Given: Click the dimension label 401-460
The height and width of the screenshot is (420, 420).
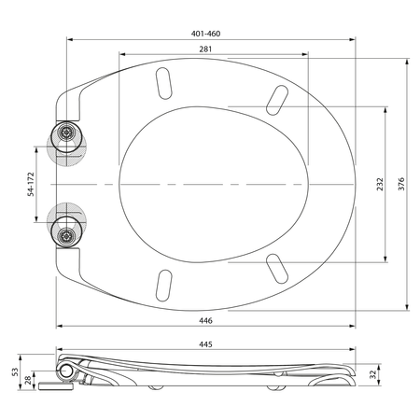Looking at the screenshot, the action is [205, 34].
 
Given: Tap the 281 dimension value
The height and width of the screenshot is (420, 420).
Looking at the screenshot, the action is [205, 49].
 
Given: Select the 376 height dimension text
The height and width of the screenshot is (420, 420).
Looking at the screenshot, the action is [401, 184].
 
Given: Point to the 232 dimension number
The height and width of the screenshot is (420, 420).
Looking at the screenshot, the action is [380, 184].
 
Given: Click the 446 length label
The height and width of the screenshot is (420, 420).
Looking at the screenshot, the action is [205, 320].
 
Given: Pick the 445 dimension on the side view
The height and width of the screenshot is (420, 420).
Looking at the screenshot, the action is [205, 344].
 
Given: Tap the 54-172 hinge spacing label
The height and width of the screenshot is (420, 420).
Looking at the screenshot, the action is [31, 184].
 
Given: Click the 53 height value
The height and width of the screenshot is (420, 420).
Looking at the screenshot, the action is [15, 372].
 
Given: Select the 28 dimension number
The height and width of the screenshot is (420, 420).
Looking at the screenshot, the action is [28, 380].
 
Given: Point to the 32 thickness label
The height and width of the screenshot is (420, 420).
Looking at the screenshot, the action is [373, 374].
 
